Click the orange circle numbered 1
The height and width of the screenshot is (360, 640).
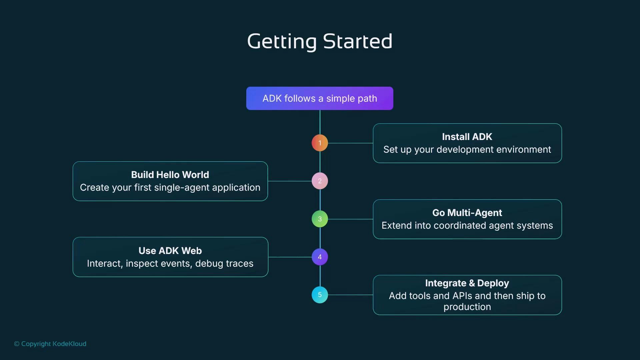320,143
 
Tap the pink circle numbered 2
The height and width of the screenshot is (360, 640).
320,181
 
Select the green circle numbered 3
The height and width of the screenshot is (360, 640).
320,219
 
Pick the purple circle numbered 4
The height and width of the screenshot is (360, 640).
320,257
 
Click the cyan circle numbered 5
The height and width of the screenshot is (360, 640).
320,295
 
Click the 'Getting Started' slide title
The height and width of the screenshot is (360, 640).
320,41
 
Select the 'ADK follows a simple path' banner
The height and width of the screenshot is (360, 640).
320,98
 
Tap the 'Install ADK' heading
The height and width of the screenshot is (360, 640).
467,137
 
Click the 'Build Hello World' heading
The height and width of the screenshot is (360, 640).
170,175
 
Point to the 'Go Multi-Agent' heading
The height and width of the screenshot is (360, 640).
467,213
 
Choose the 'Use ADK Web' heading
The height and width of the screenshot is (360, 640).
170,251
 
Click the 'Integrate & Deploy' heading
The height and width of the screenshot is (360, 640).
467,283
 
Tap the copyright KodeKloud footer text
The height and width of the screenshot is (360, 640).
50,344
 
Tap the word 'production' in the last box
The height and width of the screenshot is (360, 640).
467,307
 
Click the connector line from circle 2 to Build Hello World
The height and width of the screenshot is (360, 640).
289,181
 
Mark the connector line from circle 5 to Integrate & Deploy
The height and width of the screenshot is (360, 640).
350,295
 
